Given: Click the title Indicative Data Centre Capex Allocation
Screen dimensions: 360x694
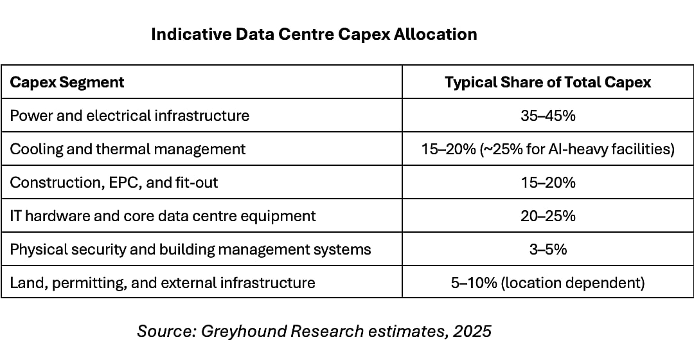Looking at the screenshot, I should (314, 34).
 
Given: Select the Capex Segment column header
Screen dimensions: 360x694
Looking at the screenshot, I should (67, 82).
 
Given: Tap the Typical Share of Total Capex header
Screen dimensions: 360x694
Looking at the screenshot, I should (547, 82).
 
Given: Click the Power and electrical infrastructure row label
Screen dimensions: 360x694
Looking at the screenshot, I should (129, 116).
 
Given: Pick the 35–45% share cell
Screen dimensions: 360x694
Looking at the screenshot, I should (547, 116).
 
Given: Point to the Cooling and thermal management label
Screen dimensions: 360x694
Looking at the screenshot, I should (127, 149).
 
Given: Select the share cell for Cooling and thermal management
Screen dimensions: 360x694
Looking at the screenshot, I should (547, 149).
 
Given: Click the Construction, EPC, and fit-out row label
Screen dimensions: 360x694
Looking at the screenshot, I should (114, 183).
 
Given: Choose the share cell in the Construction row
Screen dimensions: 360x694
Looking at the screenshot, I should (547, 183).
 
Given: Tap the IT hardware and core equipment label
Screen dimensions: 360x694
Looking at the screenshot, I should (163, 216).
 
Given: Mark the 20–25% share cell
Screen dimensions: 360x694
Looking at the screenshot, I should (547, 216).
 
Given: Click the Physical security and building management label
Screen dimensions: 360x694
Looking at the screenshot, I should (190, 249).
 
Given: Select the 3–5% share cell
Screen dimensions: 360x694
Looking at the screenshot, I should (547, 249).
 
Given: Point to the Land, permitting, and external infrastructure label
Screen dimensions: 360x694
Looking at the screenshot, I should (162, 283).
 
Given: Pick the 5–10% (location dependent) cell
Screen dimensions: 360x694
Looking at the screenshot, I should (547, 283).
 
